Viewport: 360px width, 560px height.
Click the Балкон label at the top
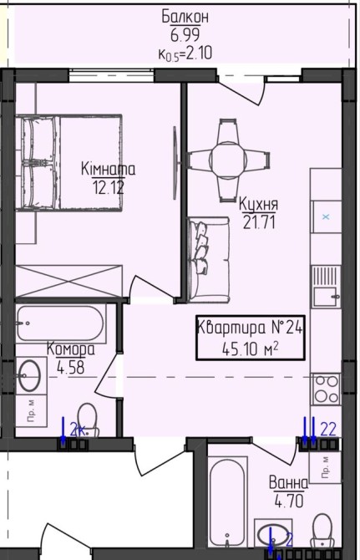coord(185,18)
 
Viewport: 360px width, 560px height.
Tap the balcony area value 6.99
coord(185,35)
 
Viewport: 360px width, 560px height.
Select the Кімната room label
coord(108,169)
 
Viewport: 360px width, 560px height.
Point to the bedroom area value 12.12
coord(109,186)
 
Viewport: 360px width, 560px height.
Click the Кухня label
coord(258,204)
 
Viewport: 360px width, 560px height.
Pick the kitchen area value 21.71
coord(259,222)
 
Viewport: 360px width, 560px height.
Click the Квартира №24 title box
coord(250,338)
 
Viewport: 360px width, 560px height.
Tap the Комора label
coord(71,349)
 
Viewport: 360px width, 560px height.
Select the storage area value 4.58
coord(71,367)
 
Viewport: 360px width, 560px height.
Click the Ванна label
coord(288,483)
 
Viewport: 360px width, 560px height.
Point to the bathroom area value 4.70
coord(289,501)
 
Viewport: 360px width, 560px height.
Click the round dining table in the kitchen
coord(228,159)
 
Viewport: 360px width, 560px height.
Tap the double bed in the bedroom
coord(68,163)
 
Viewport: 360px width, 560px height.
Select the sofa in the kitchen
coord(208,260)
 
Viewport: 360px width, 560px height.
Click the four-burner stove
coord(326,389)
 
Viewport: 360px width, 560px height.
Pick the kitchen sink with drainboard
coord(326,288)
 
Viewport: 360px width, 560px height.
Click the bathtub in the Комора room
coord(61,323)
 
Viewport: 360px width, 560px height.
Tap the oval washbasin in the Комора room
coord(29,375)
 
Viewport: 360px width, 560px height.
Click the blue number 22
coord(328,430)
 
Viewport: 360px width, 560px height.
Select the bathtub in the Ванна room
coord(227,503)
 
